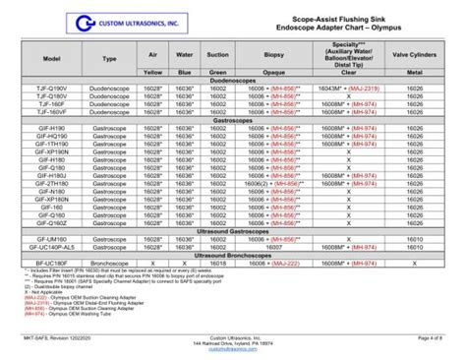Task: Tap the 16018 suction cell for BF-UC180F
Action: tap(217, 264)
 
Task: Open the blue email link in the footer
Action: tap(233, 349)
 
